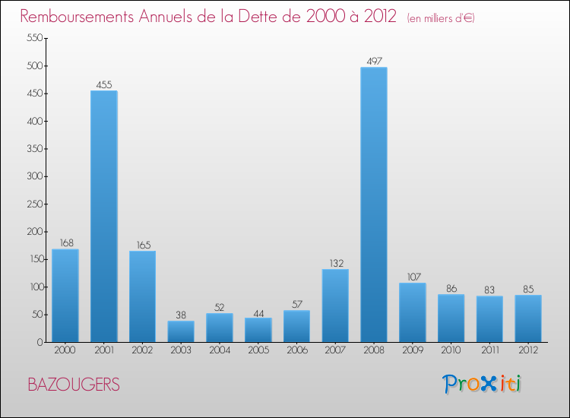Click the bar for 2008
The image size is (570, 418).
pyautogui.click(x=374, y=204)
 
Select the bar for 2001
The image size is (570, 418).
pyautogui.click(x=104, y=217)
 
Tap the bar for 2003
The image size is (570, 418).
pyautogui.click(x=181, y=331)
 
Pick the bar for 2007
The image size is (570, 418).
pyautogui.click(x=335, y=306)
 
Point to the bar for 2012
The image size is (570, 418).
pyautogui.click(x=528, y=318)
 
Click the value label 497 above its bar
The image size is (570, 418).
pyautogui.click(x=374, y=61)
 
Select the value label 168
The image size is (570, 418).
pyautogui.click(x=65, y=243)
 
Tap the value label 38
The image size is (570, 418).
pyautogui.click(x=181, y=315)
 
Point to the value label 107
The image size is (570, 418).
pyautogui.click(x=413, y=277)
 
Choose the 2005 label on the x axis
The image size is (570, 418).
pyautogui.click(x=258, y=350)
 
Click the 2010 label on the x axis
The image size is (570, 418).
pyautogui.click(x=451, y=350)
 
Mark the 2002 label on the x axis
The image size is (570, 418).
pyautogui.click(x=143, y=350)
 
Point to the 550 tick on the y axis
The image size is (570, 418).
pyautogui.click(x=33, y=38)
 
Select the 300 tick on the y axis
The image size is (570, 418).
pyautogui.click(x=33, y=176)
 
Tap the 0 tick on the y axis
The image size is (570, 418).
pyautogui.click(x=39, y=342)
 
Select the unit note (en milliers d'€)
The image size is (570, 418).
pyautogui.click(x=441, y=17)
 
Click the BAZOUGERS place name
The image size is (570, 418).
pyautogui.click(x=73, y=385)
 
